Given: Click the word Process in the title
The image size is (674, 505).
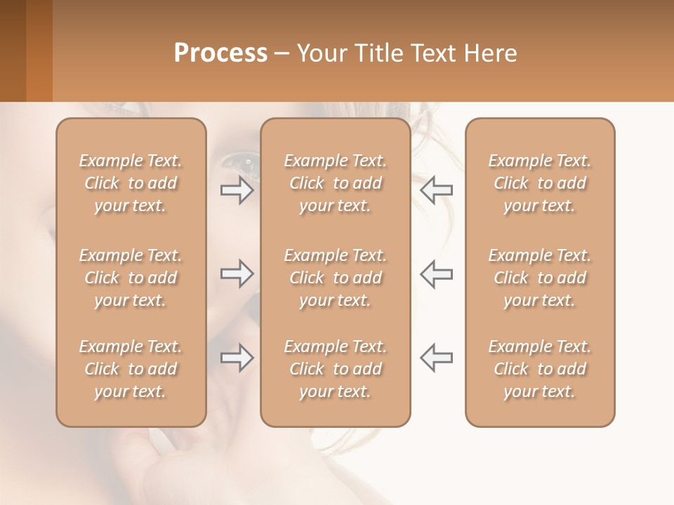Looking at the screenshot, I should tap(220, 53).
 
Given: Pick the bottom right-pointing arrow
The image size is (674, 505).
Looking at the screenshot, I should tap(237, 358).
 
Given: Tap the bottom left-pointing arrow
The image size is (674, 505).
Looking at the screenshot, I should tap(437, 358).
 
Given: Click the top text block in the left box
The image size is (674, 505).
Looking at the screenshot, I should tap(131, 183).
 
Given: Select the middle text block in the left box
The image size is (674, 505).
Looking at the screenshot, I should tap(131, 278).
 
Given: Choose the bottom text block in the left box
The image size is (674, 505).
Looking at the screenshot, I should tap(131, 369).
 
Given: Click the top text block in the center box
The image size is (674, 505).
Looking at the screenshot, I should tap(336, 183).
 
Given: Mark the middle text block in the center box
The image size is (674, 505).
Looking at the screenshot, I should tap(336, 278).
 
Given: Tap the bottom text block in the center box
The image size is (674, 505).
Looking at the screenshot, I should tap(336, 369).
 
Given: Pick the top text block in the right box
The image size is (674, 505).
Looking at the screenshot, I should tap(540, 183).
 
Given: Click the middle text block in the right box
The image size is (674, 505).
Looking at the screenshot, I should tap(540, 278).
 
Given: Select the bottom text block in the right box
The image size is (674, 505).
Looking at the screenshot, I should tap(540, 369).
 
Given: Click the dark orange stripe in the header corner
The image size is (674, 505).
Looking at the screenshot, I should tap(39, 50).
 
